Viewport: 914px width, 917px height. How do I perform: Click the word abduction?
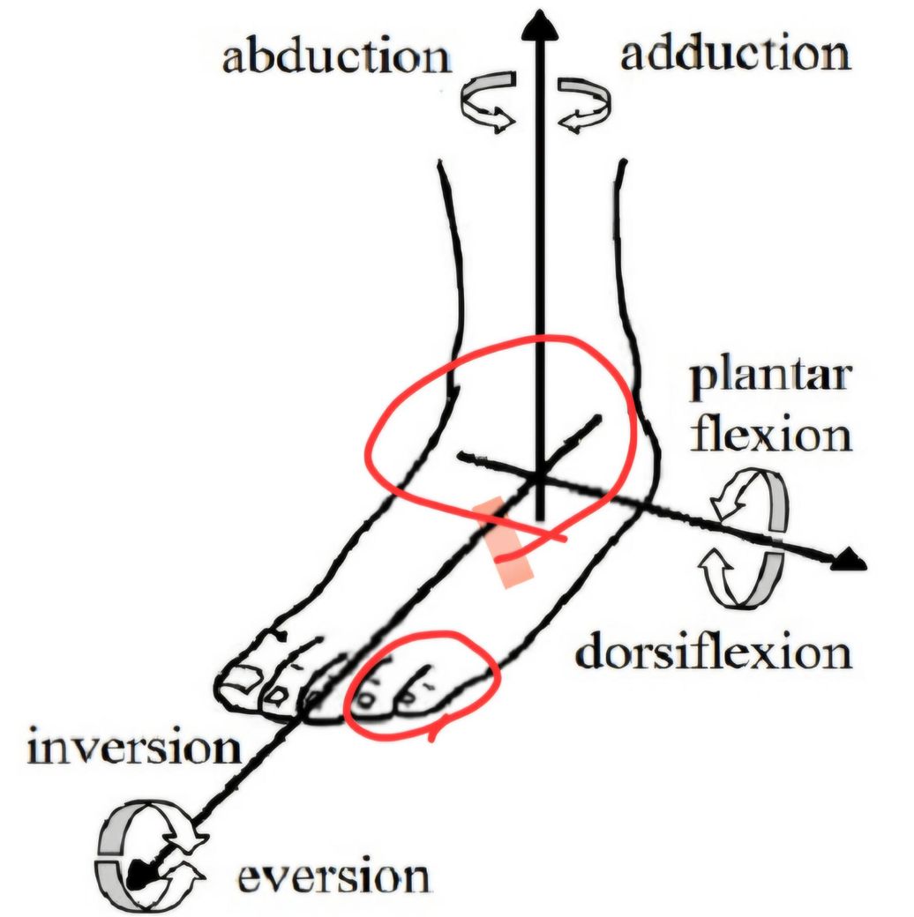coord(335,59)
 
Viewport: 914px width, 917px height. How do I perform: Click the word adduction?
coord(735,55)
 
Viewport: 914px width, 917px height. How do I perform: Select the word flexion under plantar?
coord(770,435)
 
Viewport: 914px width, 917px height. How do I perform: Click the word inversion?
coord(133,749)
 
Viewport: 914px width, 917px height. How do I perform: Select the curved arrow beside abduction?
coord(487,104)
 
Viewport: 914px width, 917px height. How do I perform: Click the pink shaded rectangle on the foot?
coord(504,541)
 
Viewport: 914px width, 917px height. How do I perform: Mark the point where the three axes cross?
coord(540,476)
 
